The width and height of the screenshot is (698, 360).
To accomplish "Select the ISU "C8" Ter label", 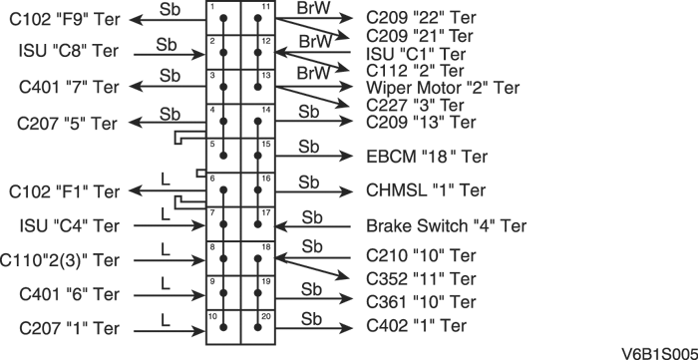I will pyautogui.click(x=69, y=51).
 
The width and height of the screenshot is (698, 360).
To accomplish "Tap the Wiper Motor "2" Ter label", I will pyautogui.click(x=443, y=88).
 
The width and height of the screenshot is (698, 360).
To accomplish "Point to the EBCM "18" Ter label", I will pyautogui.click(x=427, y=157).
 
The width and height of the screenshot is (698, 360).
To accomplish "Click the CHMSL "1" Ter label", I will pyautogui.click(x=427, y=189).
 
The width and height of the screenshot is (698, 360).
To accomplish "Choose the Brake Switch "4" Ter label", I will pyautogui.click(x=446, y=225).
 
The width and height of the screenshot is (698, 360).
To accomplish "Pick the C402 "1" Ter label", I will pyautogui.click(x=417, y=325).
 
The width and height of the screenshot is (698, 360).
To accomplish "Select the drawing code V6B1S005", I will pyautogui.click(x=657, y=351).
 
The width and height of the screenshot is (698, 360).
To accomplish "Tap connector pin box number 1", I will pyautogui.click(x=224, y=19).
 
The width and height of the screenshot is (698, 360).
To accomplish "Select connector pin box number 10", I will pyautogui.click(x=224, y=325).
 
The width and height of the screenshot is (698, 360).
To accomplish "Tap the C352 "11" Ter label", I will pyautogui.click(x=421, y=278).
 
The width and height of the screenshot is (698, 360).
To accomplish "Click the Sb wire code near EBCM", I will pyautogui.click(x=309, y=146).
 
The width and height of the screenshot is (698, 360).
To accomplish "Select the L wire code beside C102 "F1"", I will pyautogui.click(x=165, y=179).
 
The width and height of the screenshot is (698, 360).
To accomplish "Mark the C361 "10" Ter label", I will pyautogui.click(x=421, y=301).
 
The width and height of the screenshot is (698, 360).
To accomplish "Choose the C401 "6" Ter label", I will pyautogui.click(x=67, y=294).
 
